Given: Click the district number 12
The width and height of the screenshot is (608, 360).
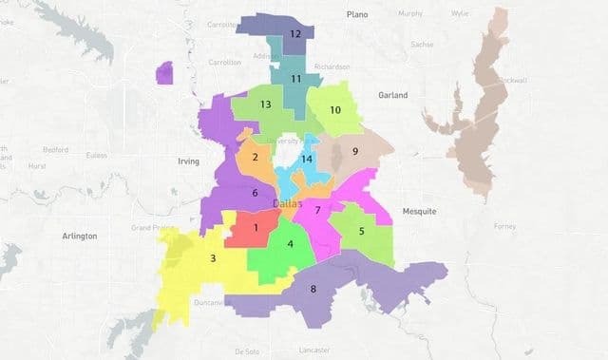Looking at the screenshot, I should pyautogui.click(x=295, y=34).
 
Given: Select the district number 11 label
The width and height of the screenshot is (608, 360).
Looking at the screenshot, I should pyautogui.click(x=296, y=79).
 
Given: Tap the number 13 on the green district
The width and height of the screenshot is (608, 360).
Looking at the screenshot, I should pyautogui.click(x=266, y=104).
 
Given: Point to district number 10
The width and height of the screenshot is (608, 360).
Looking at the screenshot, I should pyautogui.click(x=334, y=110).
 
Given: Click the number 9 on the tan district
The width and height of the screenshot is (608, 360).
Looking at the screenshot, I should pyautogui.click(x=354, y=151).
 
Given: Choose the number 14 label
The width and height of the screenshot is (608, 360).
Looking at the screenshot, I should pyautogui.click(x=306, y=159).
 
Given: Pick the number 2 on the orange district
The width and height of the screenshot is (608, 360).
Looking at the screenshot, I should pyautogui.click(x=255, y=157).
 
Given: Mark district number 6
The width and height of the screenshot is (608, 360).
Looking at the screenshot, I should pyautogui.click(x=255, y=193).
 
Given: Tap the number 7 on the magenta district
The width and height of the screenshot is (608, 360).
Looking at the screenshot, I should pyautogui.click(x=318, y=209).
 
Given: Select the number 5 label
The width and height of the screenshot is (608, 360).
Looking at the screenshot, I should pyautogui.click(x=361, y=231).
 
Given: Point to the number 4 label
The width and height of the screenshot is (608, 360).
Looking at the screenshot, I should pyautogui.click(x=290, y=244).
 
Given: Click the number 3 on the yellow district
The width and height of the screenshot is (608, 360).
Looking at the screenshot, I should pyautogui.click(x=213, y=258).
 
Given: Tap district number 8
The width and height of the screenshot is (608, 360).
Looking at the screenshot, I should pyautogui.click(x=314, y=292).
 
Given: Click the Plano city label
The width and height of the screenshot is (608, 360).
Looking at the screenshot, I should pyautogui.click(x=356, y=14).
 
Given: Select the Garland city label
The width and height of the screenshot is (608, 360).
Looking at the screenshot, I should pyautogui.click(x=391, y=95).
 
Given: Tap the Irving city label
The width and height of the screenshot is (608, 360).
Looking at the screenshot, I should pyautogui.click(x=189, y=161).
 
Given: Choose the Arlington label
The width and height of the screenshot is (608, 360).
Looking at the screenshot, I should pyautogui.click(x=79, y=236).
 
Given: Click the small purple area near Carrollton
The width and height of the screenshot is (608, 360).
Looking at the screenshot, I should pyautogui.click(x=164, y=73).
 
